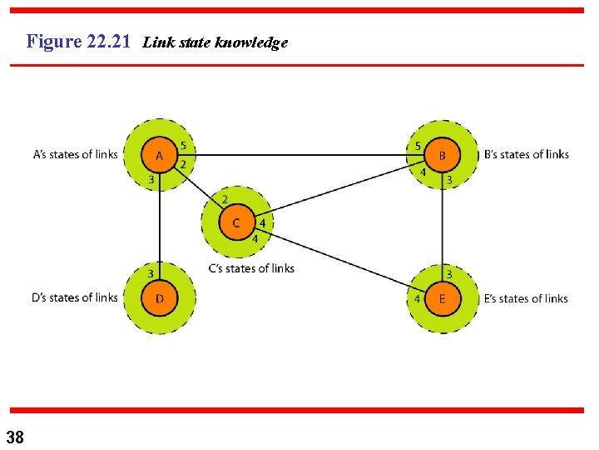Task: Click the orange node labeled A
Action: click(x=159, y=155)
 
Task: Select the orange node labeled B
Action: click(x=442, y=155)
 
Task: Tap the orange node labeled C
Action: click(x=236, y=222)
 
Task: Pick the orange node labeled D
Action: click(x=159, y=298)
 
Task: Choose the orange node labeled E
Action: click(x=442, y=298)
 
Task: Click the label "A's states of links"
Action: click(x=75, y=154)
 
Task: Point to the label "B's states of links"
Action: click(x=526, y=154)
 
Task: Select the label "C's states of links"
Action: click(x=251, y=268)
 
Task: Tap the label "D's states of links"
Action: click(x=75, y=297)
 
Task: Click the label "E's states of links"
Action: click(x=526, y=298)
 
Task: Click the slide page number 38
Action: click(x=14, y=437)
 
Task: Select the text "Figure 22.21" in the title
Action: click(x=78, y=41)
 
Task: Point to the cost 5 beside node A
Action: click(x=183, y=147)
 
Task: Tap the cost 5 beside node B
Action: click(x=418, y=147)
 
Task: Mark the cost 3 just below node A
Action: click(x=151, y=179)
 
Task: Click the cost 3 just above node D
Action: click(x=151, y=273)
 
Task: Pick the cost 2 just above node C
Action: click(x=225, y=199)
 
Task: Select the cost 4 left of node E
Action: click(x=417, y=298)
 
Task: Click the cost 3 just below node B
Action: click(x=449, y=179)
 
